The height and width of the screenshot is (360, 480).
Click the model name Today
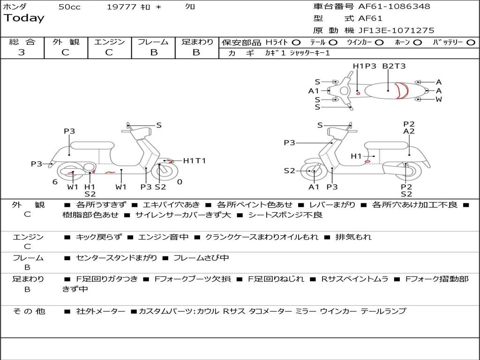click(x=24, y=18)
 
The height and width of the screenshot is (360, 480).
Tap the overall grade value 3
click(x=22, y=52)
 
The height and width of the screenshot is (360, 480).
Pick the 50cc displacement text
click(x=69, y=7)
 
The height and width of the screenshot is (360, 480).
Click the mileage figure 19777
click(x=121, y=7)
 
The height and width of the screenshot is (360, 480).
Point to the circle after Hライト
click(x=296, y=43)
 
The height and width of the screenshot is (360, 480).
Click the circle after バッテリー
click(x=471, y=43)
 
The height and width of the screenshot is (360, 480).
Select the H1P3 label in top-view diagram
click(x=365, y=66)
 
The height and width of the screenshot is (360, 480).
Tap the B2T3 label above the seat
click(x=394, y=66)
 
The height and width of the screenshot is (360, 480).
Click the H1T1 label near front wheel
click(x=194, y=161)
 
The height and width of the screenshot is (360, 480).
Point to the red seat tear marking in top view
click(x=400, y=90)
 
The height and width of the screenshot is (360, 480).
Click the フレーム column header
click(x=153, y=42)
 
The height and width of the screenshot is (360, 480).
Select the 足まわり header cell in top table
click(x=197, y=42)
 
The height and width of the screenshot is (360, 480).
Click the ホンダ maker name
click(x=15, y=7)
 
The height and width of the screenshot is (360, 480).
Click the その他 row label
click(x=29, y=311)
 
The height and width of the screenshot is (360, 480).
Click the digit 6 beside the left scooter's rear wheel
click(x=55, y=182)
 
